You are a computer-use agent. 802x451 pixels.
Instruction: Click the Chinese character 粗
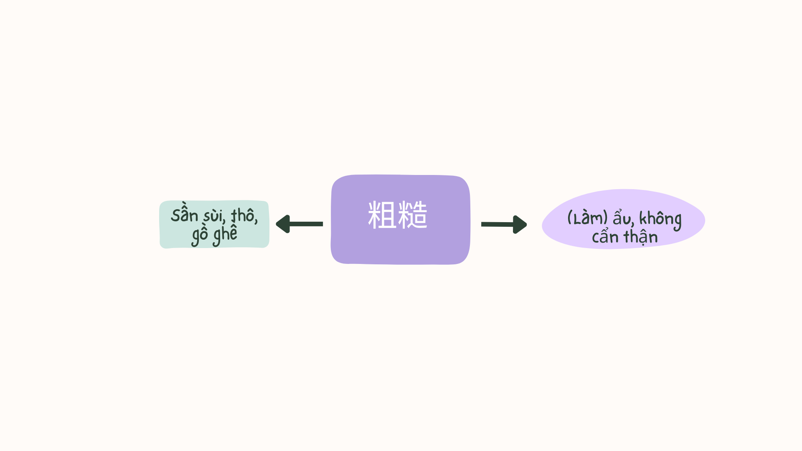(382, 215)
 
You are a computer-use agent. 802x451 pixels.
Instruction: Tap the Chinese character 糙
(413, 215)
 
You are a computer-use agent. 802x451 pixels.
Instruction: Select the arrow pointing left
(299, 224)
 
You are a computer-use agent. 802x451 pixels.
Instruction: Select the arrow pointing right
(504, 225)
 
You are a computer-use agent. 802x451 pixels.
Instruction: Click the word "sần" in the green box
(184, 215)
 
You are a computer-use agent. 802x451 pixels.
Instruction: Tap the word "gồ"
(200, 235)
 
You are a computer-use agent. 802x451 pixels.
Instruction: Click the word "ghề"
(225, 235)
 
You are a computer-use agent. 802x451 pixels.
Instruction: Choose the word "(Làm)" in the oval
(587, 218)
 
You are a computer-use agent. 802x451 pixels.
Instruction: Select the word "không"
(660, 219)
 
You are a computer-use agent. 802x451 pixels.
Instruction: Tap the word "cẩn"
(605, 237)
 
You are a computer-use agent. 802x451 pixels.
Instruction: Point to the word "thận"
(641, 237)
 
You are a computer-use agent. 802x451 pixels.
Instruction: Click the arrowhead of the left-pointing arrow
(283, 224)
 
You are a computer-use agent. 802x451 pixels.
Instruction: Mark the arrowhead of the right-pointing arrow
(520, 225)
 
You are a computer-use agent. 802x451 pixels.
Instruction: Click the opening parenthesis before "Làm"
(569, 218)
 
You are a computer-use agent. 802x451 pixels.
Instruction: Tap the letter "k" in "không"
(643, 218)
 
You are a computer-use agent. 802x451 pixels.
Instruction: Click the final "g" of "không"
(677, 222)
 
